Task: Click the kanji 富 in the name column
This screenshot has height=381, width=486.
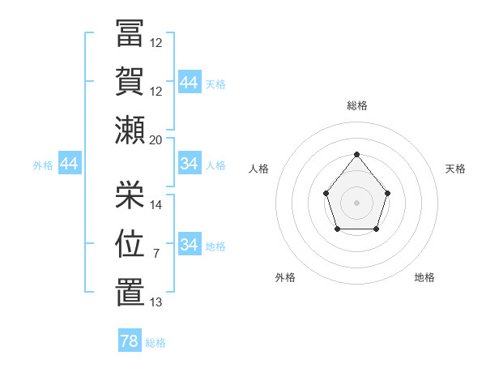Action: pyautogui.click(x=130, y=33)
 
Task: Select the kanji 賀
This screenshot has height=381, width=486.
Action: pyautogui.click(x=130, y=81)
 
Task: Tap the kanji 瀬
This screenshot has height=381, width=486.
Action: pyautogui.click(x=130, y=130)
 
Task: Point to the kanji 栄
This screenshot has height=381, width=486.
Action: pyautogui.click(x=130, y=195)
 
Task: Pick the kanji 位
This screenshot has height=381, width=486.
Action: pyautogui.click(x=130, y=243)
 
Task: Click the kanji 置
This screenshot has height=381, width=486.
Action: pyautogui.click(x=130, y=292)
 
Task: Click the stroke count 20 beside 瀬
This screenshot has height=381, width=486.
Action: pyautogui.click(x=156, y=140)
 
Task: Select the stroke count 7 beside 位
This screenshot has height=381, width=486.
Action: pyautogui.click(x=156, y=254)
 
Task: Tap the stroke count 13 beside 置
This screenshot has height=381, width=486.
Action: pyautogui.click(x=156, y=302)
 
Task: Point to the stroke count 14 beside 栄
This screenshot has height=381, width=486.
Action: pyautogui.click(x=156, y=205)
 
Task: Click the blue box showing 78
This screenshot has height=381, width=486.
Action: pyautogui.click(x=130, y=340)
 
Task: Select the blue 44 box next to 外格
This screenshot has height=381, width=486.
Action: pyautogui.click(x=70, y=163)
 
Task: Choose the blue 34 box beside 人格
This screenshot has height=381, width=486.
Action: pyautogui.click(x=190, y=163)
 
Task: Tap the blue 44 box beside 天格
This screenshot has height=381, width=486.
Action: pyautogui.click(x=190, y=81)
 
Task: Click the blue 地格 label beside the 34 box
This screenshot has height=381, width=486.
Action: pyautogui.click(x=215, y=246)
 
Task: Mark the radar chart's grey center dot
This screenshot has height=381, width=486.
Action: pyautogui.click(x=356, y=203)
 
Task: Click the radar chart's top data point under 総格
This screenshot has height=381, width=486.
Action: pyautogui.click(x=356, y=154)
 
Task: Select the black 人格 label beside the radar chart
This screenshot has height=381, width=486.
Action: pyautogui.click(x=258, y=169)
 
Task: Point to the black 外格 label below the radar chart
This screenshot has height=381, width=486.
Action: pyautogui.click(x=285, y=277)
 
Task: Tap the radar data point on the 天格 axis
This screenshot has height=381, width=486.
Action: pyautogui.click(x=387, y=193)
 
